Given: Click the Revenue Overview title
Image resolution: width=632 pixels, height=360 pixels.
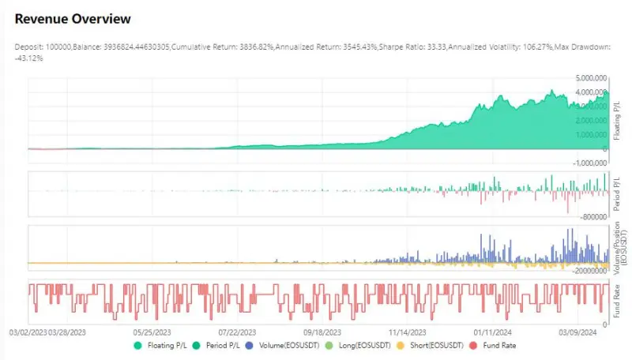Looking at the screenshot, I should pos(73,18).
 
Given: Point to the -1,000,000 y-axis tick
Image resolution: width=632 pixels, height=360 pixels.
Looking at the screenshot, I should pos(591,163).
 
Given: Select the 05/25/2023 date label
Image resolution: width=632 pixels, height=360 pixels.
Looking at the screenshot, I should pos(153,332).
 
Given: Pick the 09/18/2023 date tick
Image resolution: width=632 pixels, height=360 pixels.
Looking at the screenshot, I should pos(322,332).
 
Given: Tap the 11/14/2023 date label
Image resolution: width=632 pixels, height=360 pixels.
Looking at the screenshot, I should pos(407,332).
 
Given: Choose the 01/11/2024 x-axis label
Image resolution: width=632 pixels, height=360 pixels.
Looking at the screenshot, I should pos(492,332).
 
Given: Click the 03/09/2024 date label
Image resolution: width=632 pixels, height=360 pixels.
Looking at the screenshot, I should pos(577,332).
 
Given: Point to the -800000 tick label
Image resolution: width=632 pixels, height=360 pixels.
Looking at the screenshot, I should pos(595,216).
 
